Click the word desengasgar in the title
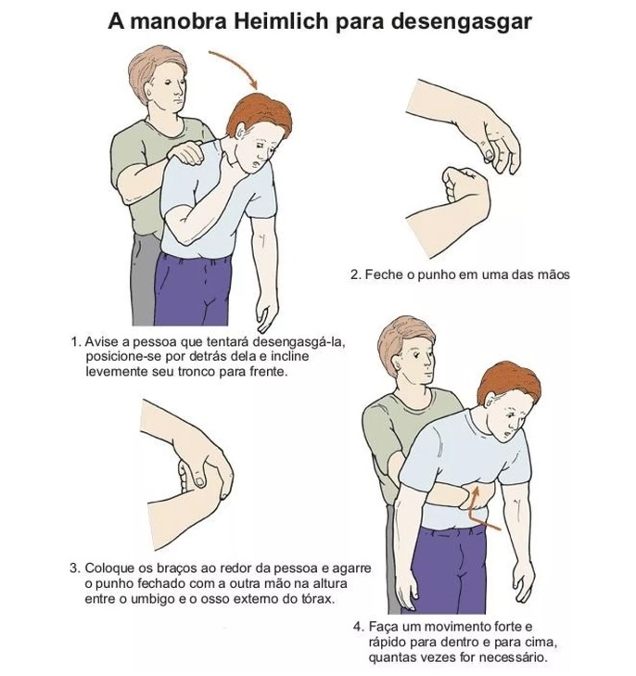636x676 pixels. (x=463, y=20)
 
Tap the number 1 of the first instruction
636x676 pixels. (x=74, y=341)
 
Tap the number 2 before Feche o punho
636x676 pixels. (x=355, y=275)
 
